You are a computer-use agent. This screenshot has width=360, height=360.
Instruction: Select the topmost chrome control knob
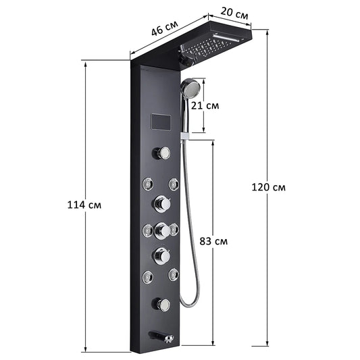tap(161, 153)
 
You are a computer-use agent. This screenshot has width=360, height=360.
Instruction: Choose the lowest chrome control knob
tap(161, 304)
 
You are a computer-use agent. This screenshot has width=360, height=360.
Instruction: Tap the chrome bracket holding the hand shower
tap(184, 136)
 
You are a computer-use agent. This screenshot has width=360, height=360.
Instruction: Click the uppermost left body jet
tap(147, 184)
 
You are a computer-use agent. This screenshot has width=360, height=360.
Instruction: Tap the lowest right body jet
tap(174, 274)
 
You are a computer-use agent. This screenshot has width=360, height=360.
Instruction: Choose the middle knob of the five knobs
tap(162, 230)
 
